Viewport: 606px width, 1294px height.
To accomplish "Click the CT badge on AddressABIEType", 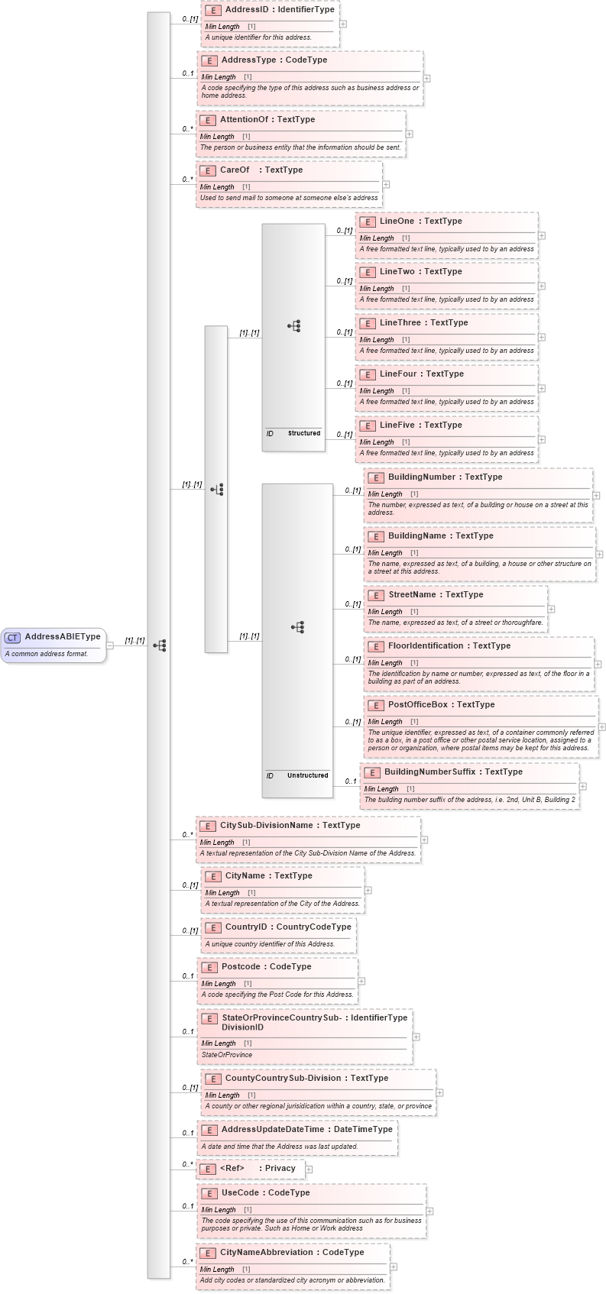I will pyautogui.click(x=13, y=637).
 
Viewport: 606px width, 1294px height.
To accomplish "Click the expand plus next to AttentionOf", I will pyautogui.click(x=410, y=134).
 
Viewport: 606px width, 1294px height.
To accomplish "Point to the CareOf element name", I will pyautogui.click(x=235, y=170).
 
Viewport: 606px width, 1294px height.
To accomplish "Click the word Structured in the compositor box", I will pyautogui.click(x=303, y=433).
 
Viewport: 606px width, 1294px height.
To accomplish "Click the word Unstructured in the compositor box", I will pyautogui.click(x=307, y=775).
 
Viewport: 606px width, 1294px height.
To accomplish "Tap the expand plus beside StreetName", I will pyautogui.click(x=551, y=609).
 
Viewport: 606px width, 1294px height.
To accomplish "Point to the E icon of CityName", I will pyautogui.click(x=212, y=876).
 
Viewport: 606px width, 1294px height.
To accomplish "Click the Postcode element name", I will pyautogui.click(x=241, y=967).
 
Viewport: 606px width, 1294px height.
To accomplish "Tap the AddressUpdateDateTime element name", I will pyautogui.click(x=272, y=1130).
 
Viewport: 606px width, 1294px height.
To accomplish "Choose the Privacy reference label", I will pyautogui.click(x=280, y=1169).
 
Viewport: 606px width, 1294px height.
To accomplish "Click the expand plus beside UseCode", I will pyautogui.click(x=429, y=1211).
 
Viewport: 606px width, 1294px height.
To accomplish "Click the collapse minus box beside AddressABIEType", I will pyautogui.click(x=110, y=645).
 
